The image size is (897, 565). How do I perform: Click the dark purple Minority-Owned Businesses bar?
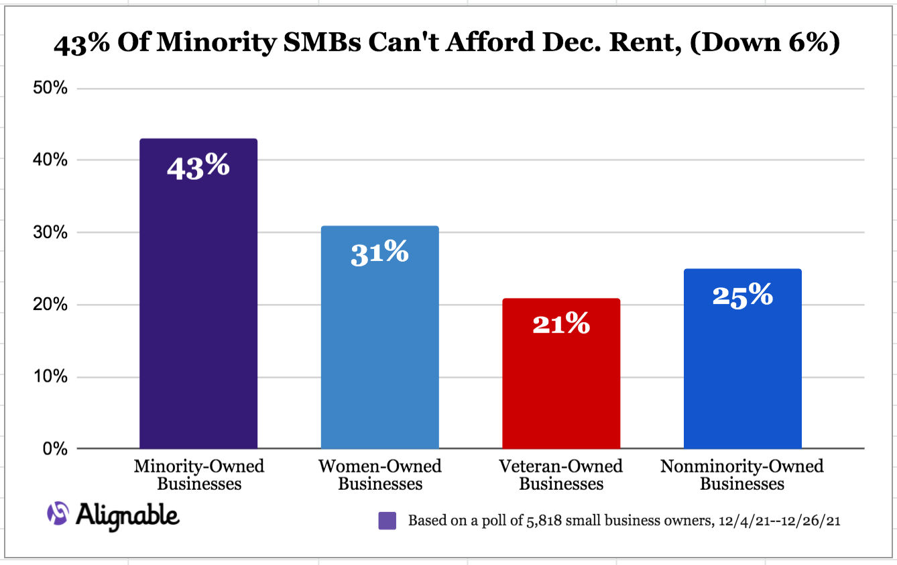coord(198,302)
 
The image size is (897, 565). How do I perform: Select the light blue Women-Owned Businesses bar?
coord(379,349)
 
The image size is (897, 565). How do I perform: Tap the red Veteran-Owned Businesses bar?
coord(561,389)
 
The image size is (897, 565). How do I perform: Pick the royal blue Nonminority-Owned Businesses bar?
coord(742,376)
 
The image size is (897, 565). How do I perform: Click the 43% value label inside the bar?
coord(198,166)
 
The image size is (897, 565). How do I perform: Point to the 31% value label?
coord(379,253)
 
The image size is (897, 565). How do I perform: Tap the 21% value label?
coord(561,325)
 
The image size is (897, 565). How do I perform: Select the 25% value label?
coord(742,295)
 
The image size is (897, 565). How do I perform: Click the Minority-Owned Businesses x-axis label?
coord(198,474)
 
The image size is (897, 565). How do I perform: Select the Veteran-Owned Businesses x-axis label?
coord(561,474)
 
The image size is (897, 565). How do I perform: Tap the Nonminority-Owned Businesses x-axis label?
coord(742,474)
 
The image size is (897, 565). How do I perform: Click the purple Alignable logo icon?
coord(58,514)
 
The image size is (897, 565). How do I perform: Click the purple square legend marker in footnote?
coord(387,521)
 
